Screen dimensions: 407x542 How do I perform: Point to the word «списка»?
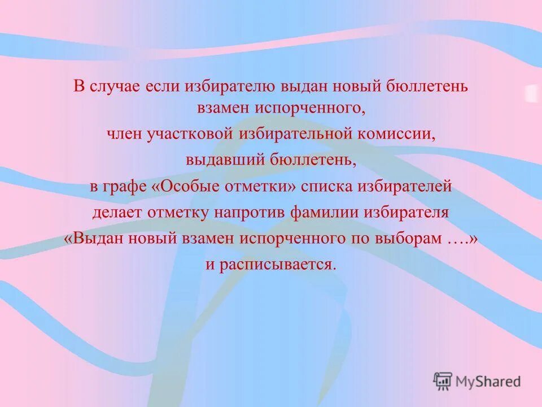tap(326, 187)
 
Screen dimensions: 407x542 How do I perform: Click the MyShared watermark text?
tap(489, 381)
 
